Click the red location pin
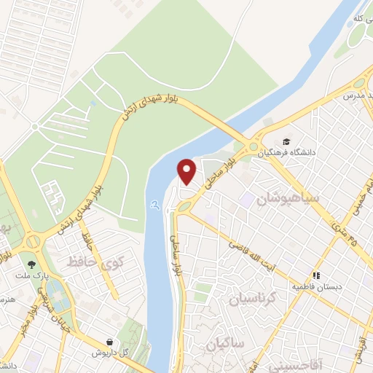click(187, 170)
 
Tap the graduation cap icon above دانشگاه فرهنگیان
click(287, 142)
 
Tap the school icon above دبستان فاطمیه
click(315, 275)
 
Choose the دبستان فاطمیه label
click(317, 287)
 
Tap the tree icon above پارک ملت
click(31, 265)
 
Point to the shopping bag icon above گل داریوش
click(109, 341)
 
